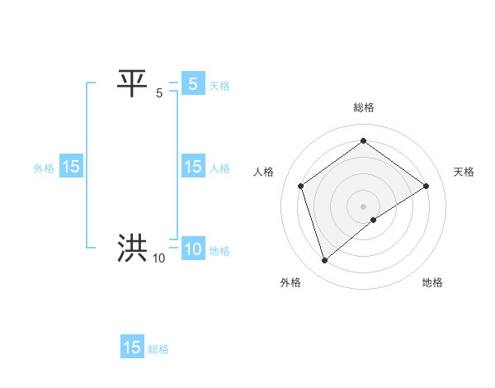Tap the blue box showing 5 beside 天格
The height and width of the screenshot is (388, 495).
[x=192, y=83]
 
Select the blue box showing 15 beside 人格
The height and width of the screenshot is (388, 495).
[x=192, y=167]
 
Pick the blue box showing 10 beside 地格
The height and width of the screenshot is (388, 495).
[x=192, y=249]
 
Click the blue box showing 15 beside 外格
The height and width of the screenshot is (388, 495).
[x=70, y=167]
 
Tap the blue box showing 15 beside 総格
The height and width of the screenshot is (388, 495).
[x=132, y=348]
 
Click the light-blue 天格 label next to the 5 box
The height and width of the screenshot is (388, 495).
[x=219, y=85]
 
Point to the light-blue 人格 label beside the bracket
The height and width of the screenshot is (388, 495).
[x=219, y=168]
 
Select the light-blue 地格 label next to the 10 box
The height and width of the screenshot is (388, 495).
[x=219, y=251]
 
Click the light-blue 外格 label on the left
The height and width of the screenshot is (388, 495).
[x=44, y=168]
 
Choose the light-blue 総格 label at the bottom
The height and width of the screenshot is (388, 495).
[x=158, y=349]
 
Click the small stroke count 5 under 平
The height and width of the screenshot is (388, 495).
[x=159, y=93]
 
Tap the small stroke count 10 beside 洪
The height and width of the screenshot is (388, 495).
[x=158, y=258]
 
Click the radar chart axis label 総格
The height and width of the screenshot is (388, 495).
[x=363, y=107]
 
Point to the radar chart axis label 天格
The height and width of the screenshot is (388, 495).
[x=464, y=172]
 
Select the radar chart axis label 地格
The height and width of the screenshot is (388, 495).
[x=432, y=282]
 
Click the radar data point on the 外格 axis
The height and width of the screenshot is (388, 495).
[x=324, y=261]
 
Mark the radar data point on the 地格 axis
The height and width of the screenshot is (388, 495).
[x=374, y=220]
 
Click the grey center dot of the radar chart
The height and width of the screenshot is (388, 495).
[x=363, y=206]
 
